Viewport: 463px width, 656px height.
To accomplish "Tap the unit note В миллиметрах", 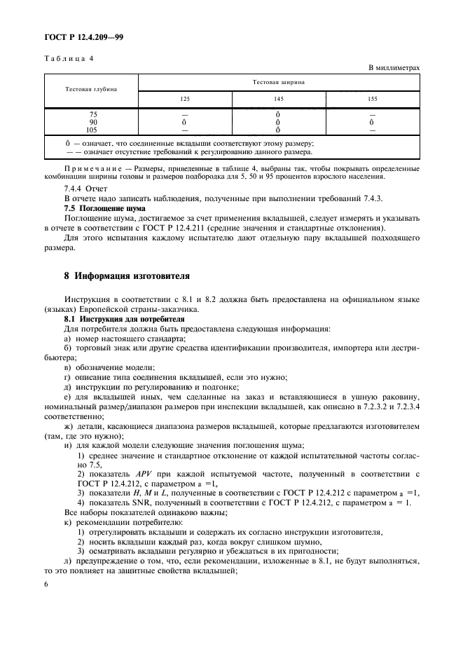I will click(x=394, y=68).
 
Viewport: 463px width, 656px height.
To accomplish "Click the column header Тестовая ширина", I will click(x=278, y=82).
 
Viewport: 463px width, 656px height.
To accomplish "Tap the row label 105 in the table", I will click(x=92, y=129).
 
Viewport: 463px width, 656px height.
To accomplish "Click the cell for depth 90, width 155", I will click(x=372, y=121).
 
